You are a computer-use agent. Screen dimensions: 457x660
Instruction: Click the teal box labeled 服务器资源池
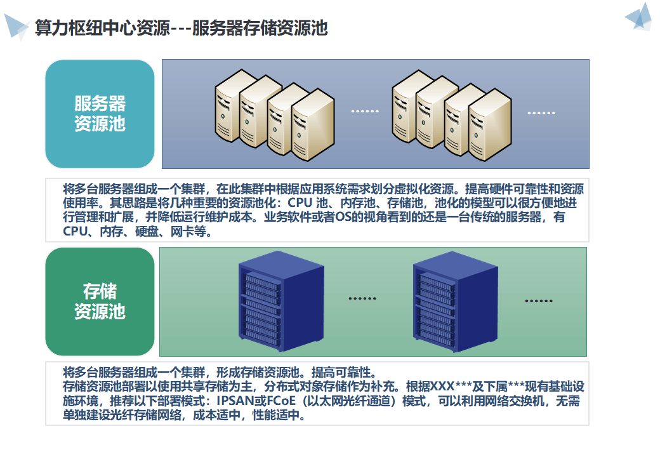pyautogui.click(x=100, y=114)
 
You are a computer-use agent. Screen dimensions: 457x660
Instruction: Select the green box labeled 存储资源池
pyautogui.click(x=100, y=301)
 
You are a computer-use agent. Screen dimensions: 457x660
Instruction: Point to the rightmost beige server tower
pyautogui.click(x=489, y=123)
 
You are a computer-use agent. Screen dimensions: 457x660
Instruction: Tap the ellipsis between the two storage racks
pyautogui.click(x=362, y=298)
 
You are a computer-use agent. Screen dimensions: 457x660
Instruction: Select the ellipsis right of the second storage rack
pyautogui.click(x=539, y=300)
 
